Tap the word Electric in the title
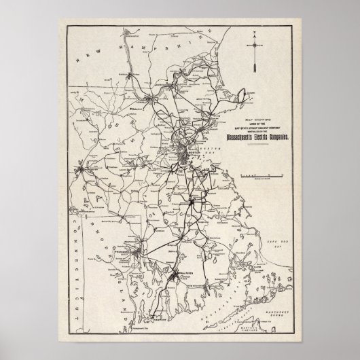pyautogui.click(x=260, y=137)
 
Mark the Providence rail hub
pyautogui.click(x=139, y=255)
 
